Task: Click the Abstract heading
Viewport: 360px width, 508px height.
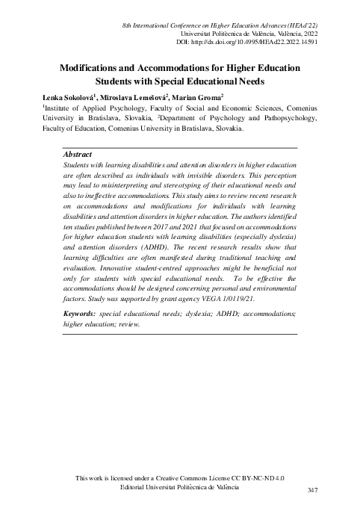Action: pos(78,154)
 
